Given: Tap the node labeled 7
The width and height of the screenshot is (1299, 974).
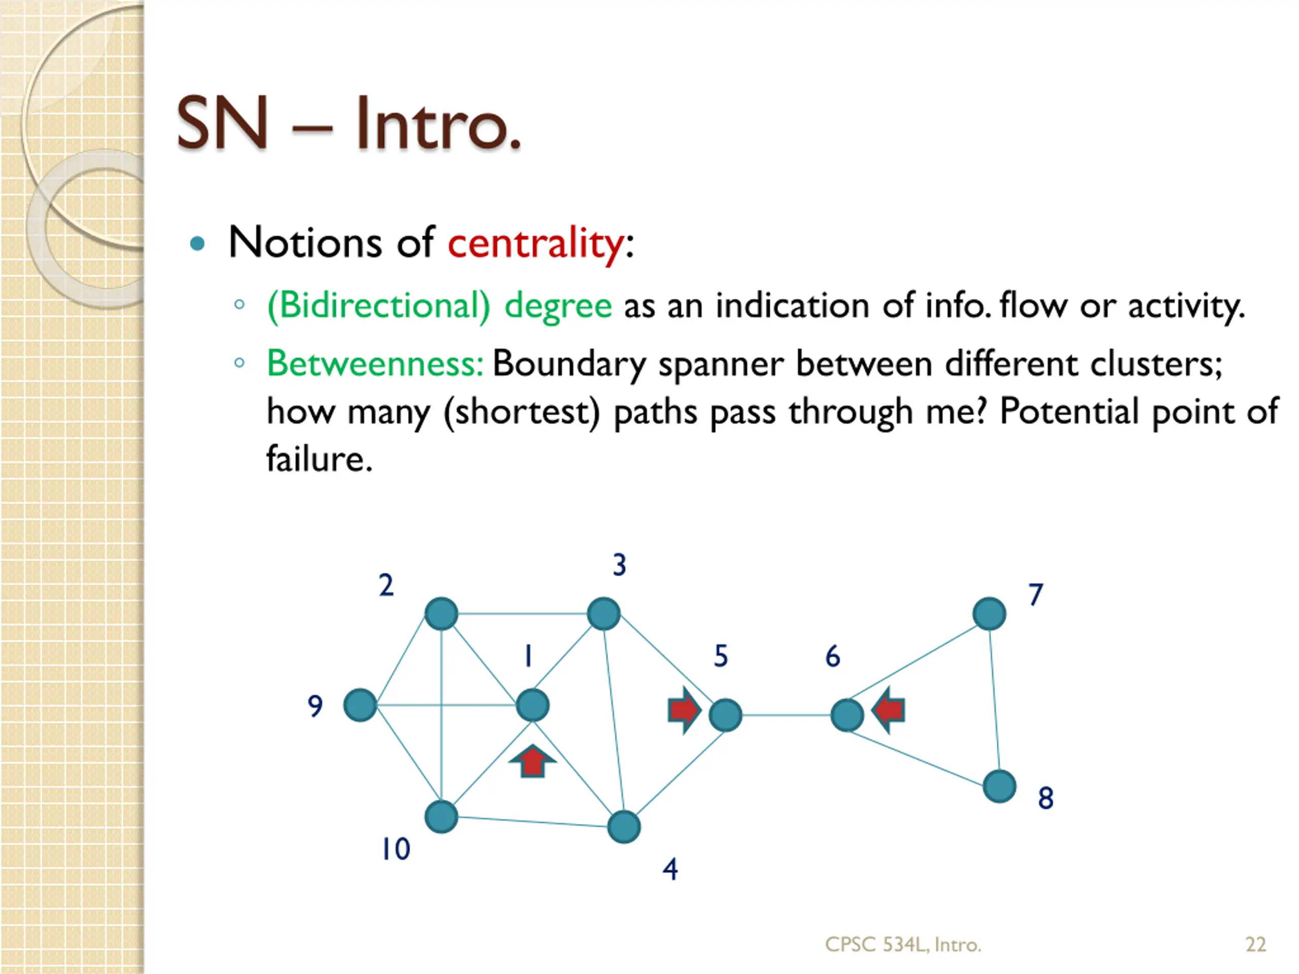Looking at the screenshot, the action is (989, 613).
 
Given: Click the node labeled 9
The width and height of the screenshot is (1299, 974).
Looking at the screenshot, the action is (360, 705).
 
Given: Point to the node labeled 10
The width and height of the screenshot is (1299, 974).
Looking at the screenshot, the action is (441, 817).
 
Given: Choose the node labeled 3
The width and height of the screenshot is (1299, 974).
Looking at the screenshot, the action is (604, 613).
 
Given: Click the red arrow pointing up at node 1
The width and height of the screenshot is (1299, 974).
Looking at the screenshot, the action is (532, 761).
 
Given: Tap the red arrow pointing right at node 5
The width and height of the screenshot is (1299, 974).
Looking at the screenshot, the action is (683, 710).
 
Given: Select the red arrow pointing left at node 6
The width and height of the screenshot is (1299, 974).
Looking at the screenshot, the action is (888, 710).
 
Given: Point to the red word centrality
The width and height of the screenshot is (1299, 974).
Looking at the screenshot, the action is (535, 243).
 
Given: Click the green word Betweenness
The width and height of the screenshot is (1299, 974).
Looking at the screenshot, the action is (374, 363).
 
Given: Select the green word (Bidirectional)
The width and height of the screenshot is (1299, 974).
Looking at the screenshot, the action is (378, 305).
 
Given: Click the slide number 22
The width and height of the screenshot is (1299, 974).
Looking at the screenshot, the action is (1255, 944).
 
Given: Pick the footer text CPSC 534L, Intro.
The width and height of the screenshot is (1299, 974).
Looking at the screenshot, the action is (903, 944).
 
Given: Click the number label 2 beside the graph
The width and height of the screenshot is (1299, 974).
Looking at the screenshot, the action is (386, 585).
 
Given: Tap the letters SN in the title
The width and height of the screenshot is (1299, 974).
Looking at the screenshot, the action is (223, 123).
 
